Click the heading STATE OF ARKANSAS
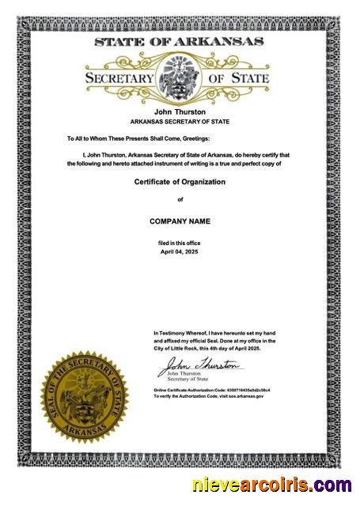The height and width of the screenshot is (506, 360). pos(180,42)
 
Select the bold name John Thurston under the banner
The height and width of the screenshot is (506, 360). pos(180,113)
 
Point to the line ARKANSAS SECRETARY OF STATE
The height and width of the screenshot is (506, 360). pos(180,122)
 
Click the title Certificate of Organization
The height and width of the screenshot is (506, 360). pos(180,182)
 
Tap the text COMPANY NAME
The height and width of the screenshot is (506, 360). pos(180,221)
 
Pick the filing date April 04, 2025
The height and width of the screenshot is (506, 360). pos(180,251)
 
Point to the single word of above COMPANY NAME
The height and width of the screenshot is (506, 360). pos(180,199)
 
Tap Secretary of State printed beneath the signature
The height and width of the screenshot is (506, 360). pos(188,379)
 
